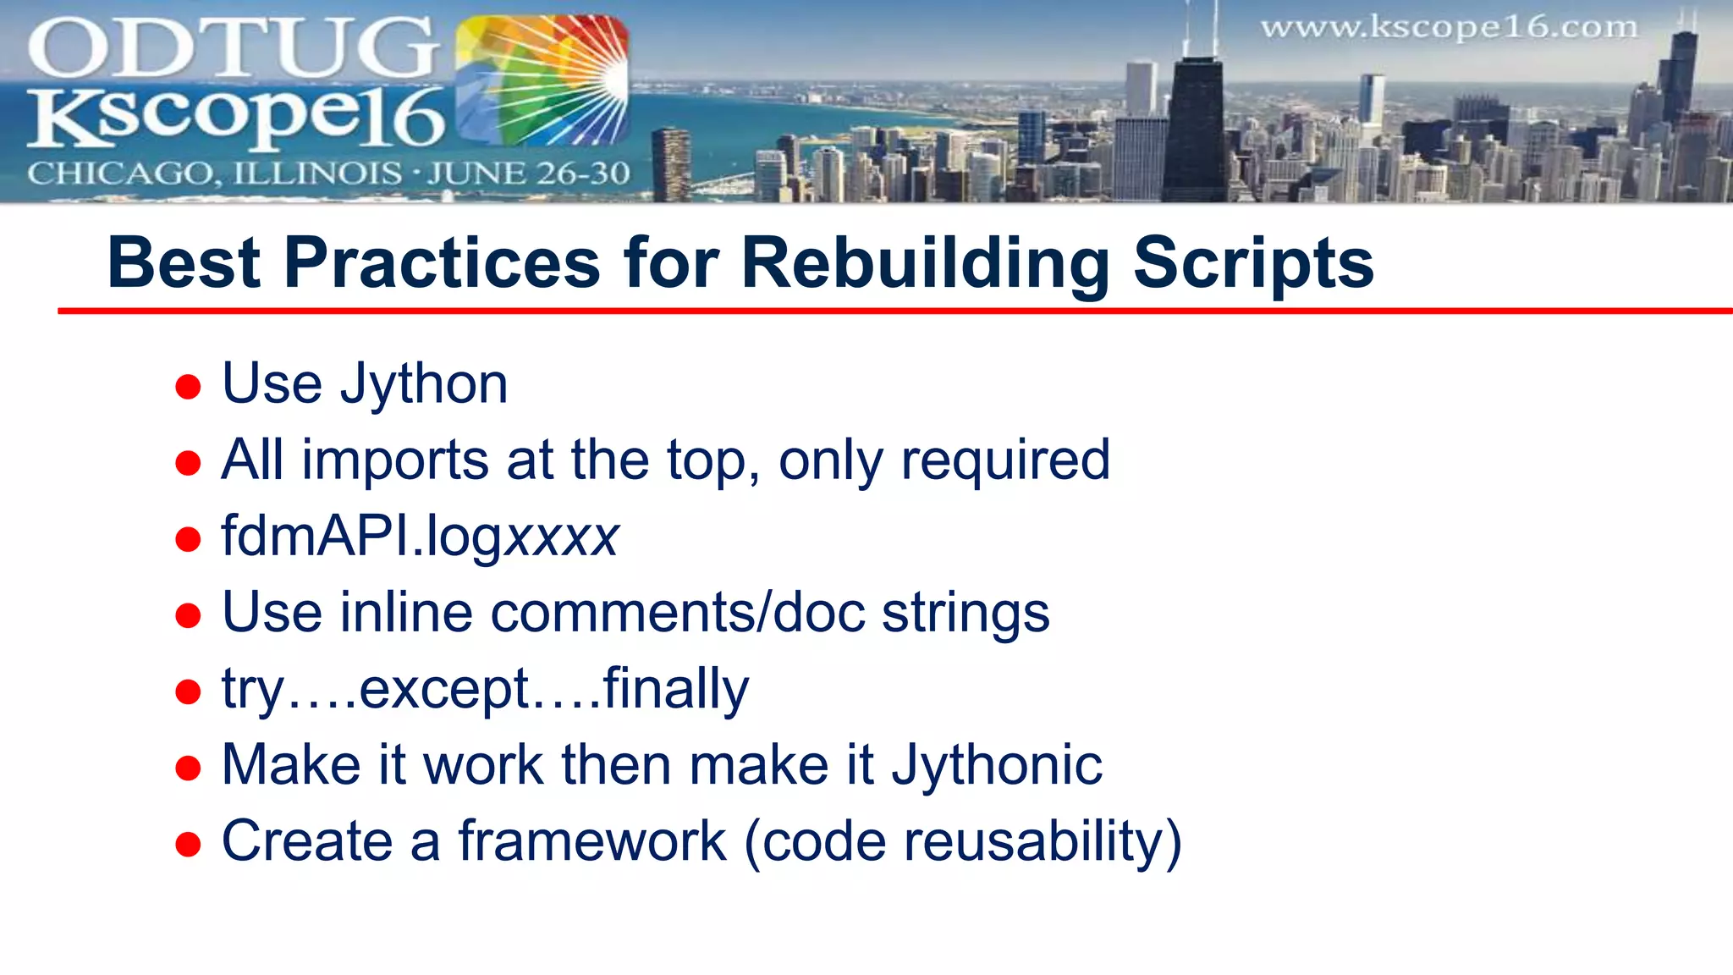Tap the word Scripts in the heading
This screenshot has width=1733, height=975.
tap(1253, 264)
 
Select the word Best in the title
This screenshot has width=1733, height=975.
tap(184, 264)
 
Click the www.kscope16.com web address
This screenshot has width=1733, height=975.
tap(1449, 28)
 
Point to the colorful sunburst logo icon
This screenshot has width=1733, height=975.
tap(542, 81)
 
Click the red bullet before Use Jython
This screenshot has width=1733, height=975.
tap(188, 388)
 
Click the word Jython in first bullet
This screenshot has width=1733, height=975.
tap(423, 385)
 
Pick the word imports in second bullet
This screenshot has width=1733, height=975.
tap(395, 461)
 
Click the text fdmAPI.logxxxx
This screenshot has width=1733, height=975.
tap(420, 537)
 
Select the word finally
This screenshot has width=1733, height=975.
tap(675, 690)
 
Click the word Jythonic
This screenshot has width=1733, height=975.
tap(997, 766)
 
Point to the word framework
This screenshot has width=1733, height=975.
tap(592, 842)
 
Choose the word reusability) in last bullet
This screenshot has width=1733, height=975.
tap(1043, 842)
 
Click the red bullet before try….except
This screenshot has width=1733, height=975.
tap(188, 692)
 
